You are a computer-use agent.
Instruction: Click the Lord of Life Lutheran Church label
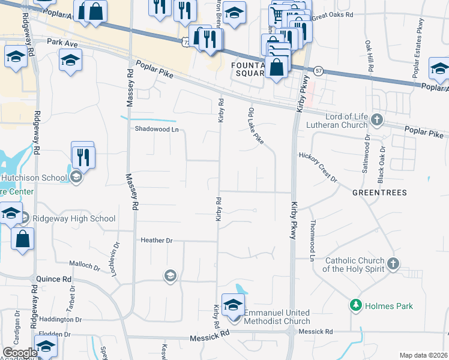(x=345, y=121)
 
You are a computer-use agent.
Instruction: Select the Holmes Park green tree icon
(x=355, y=305)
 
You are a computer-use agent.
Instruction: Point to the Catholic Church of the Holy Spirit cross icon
(x=393, y=263)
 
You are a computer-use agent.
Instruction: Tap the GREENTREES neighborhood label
(x=379, y=193)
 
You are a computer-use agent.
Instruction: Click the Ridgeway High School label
(x=74, y=219)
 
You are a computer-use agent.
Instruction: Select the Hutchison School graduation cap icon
(x=76, y=176)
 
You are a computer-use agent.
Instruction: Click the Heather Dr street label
(x=156, y=241)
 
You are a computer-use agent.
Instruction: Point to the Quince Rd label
(x=54, y=279)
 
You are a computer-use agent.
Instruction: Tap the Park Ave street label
(x=63, y=43)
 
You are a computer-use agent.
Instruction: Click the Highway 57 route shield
(x=319, y=70)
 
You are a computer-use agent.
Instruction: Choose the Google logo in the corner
(x=20, y=353)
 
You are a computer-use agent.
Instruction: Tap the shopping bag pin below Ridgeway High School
(x=22, y=239)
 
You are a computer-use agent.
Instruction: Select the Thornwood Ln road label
(x=312, y=240)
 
